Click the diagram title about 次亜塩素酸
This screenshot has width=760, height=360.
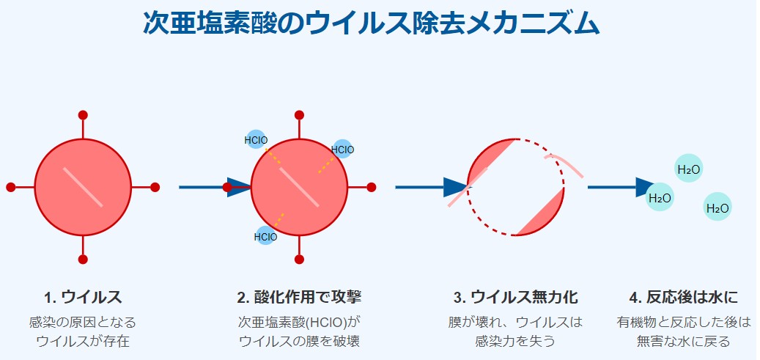point(371,23)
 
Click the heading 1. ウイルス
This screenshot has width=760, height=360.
point(83,297)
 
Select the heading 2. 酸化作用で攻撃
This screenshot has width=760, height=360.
point(299,297)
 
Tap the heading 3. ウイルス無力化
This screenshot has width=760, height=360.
point(515,297)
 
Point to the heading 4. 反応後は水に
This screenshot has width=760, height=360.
point(683,297)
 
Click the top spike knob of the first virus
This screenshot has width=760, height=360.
point(83,115)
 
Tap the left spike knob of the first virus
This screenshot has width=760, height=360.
point(11,187)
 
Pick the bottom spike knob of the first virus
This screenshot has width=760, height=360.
point(83,259)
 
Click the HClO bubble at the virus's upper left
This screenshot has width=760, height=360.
point(256,139)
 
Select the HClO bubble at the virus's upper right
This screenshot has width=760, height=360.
point(342,150)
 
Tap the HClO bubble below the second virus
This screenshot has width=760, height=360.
point(266,236)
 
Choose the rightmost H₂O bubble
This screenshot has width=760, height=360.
point(717,207)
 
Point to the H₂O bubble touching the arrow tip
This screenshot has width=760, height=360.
point(660,197)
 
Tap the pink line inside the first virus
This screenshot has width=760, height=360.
point(83,187)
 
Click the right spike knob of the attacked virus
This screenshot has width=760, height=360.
point(372,187)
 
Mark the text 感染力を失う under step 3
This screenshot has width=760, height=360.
point(515,341)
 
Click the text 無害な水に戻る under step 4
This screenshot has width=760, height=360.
point(683,341)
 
